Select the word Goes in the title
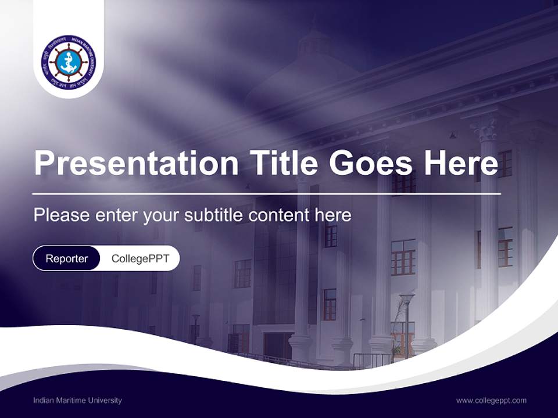[x=371, y=163]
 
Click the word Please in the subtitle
[x=60, y=215]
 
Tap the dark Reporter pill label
[x=67, y=258]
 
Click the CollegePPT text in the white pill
[x=140, y=258]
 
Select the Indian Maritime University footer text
[x=77, y=400]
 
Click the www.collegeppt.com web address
[x=491, y=400]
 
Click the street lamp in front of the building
[x=406, y=300]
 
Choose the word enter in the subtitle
[x=115, y=215]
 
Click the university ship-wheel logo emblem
[x=69, y=62]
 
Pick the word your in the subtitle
[x=162, y=216]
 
